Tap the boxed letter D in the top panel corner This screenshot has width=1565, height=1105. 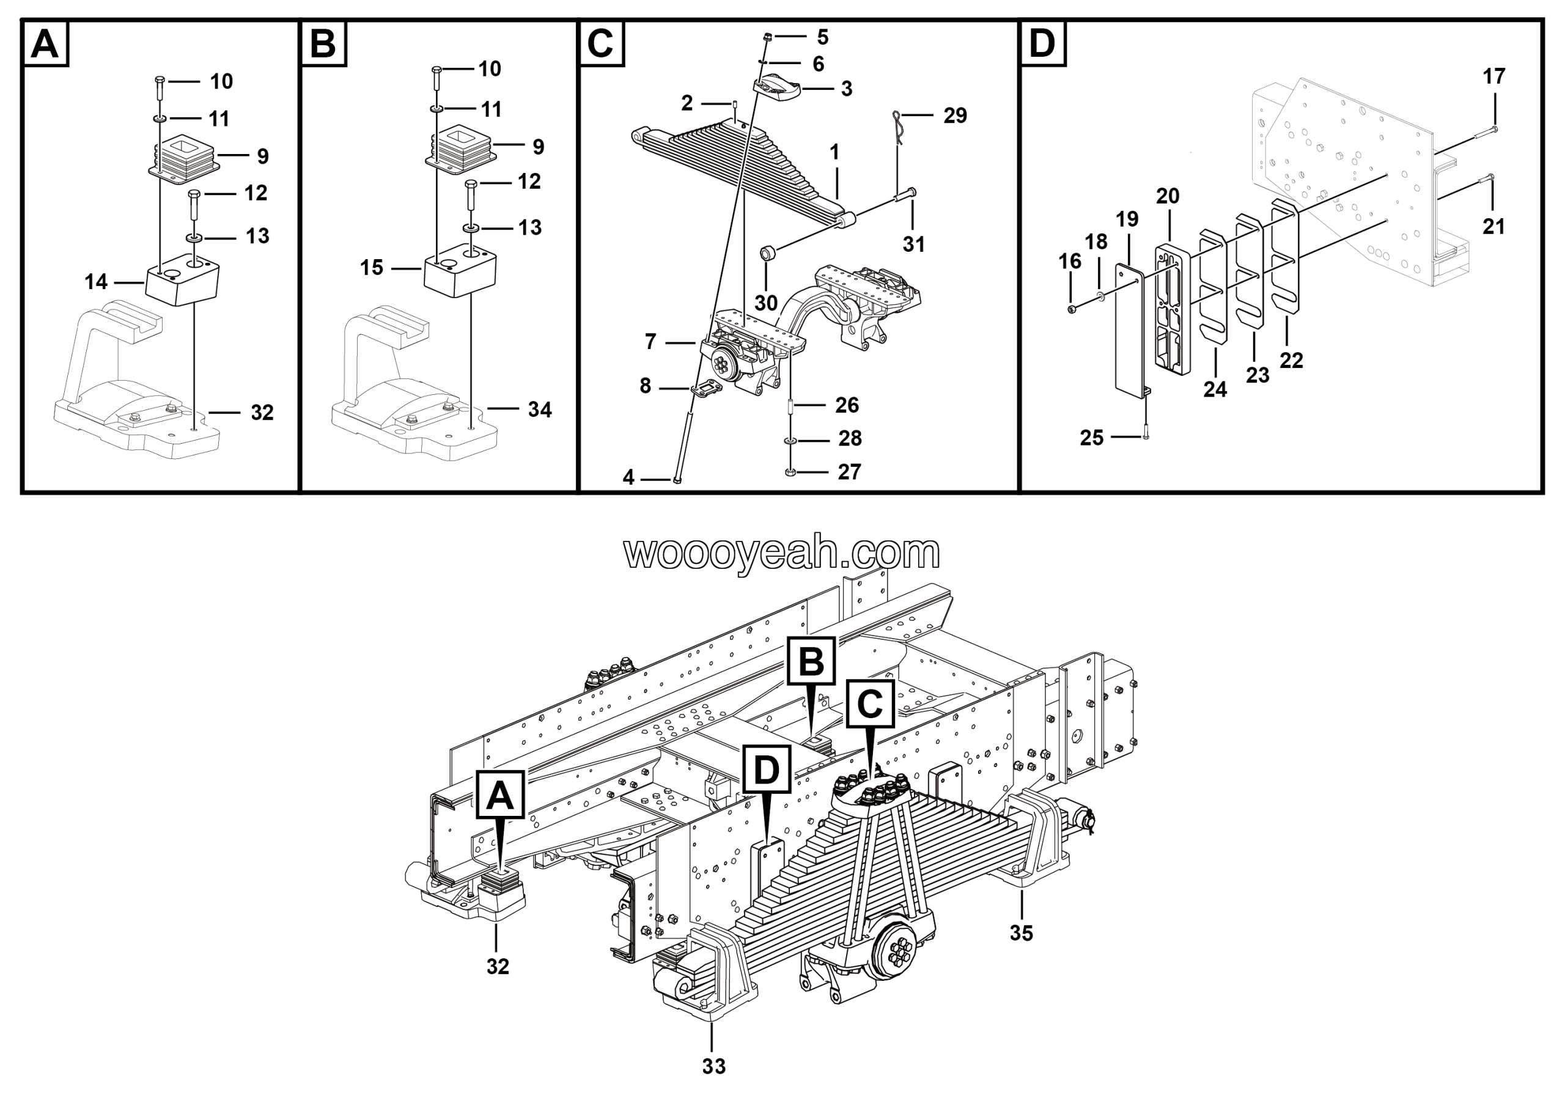[1042, 43]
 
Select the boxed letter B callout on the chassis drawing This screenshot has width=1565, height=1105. [811, 661]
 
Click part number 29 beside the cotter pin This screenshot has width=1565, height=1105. [955, 116]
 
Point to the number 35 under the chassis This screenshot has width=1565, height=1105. [1021, 933]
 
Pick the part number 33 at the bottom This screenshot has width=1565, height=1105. [713, 1065]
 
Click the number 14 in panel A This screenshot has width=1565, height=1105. [96, 281]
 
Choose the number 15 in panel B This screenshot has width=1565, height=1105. [372, 268]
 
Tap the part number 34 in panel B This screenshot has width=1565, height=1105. [540, 409]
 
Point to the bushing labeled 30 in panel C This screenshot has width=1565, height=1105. [769, 255]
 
